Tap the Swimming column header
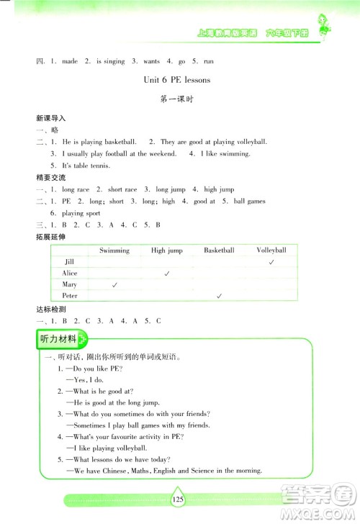[x=114, y=250]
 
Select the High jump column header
[x=167, y=250]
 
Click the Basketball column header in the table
[x=219, y=250]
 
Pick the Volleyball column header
[x=271, y=250]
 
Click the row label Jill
[x=69, y=262]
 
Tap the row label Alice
[x=70, y=274]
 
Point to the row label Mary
[x=70, y=285]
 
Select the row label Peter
[x=70, y=296]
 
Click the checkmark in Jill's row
[x=271, y=263]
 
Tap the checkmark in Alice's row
[x=167, y=274]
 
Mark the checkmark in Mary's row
[x=114, y=285]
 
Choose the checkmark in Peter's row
[x=219, y=296]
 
